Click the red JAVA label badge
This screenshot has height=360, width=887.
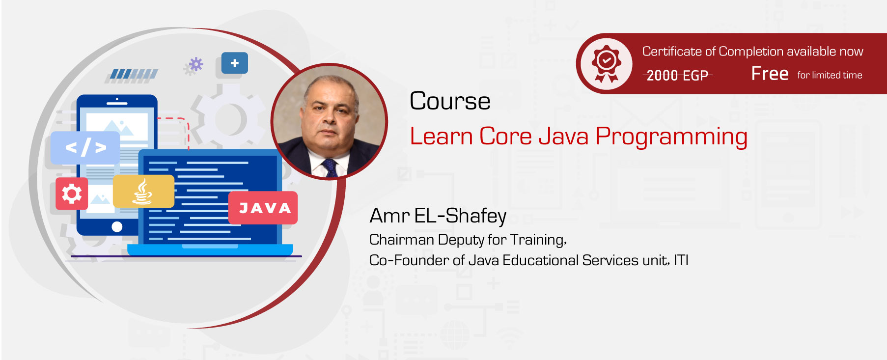[x=263, y=208]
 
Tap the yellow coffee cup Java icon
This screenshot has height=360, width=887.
[x=143, y=192]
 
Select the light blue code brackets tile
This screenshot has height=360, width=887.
[x=85, y=147]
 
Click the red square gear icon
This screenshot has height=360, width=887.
[x=72, y=194]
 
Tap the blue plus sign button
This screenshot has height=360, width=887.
[x=235, y=63]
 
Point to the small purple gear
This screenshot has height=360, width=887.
[x=196, y=64]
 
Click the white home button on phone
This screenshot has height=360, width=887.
[x=117, y=226]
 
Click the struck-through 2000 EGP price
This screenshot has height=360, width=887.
[x=677, y=75]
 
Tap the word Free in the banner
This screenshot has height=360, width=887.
[x=770, y=74]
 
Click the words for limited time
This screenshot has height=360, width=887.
[x=830, y=75]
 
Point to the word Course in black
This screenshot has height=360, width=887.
[x=450, y=101]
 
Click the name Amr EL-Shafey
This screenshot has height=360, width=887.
[x=438, y=216]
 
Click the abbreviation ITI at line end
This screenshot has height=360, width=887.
[x=681, y=260]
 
